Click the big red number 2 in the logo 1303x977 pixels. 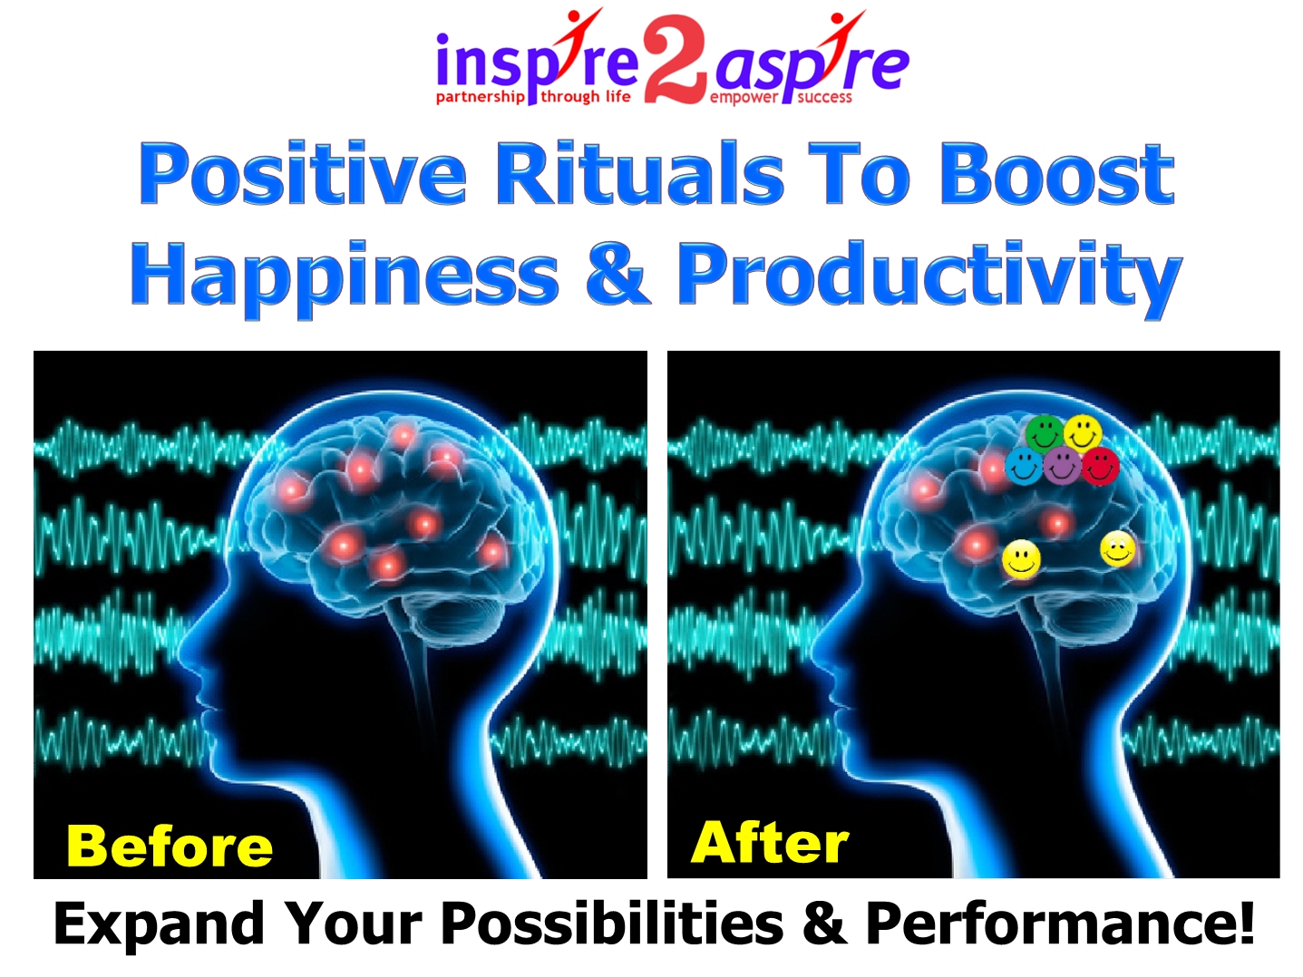675,59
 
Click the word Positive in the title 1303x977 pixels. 303,174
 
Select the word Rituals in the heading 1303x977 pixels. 640,174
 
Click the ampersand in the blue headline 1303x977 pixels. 617,274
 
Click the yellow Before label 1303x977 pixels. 170,846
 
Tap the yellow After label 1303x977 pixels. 770,842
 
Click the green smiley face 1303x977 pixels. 1045,433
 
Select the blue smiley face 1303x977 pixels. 1024,466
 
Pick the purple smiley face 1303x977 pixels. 1062,466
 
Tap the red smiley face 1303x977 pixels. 1101,466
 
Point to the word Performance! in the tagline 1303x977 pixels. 1061,924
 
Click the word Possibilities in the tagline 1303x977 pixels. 613,923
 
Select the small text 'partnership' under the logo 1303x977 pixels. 481,97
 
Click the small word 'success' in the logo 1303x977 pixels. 824,97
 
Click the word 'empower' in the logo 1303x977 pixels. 744,98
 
